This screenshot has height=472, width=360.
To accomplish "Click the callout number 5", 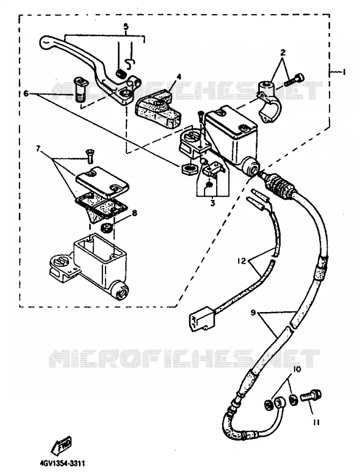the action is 126,27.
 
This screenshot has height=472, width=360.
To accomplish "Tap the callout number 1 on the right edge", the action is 343,72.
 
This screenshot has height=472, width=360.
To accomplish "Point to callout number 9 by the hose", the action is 253,313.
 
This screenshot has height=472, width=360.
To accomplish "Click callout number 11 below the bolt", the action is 316,423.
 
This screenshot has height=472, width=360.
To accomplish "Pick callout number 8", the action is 134,213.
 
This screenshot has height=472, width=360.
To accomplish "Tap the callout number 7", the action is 38,149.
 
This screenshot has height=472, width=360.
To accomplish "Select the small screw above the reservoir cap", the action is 90,156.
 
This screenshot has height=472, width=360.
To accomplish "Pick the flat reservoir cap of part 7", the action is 103,179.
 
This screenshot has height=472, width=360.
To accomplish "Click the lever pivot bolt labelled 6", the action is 80,89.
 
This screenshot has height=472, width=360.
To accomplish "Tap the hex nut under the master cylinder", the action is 188,169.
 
